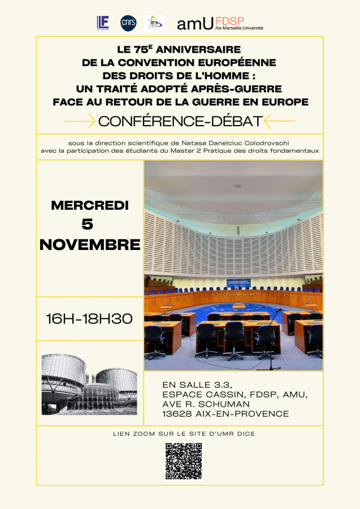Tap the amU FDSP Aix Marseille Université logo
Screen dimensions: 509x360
220,23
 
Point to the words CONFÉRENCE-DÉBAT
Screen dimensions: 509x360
180,121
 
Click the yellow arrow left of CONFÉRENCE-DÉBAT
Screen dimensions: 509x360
79,121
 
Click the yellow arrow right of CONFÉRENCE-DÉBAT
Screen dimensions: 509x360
280,121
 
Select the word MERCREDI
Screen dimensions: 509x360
90,205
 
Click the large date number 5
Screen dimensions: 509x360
88,224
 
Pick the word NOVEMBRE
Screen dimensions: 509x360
90,244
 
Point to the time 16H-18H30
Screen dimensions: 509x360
89,319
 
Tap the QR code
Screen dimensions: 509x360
184,461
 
